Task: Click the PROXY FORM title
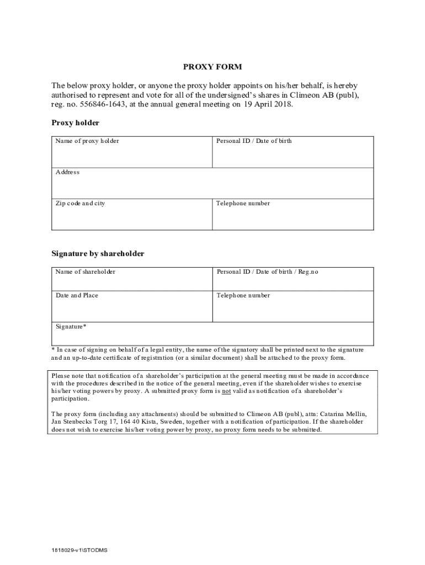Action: [x=212, y=67]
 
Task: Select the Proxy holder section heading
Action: [x=75, y=123]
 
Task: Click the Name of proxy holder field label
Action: [x=87, y=141]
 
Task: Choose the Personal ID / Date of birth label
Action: [x=254, y=141]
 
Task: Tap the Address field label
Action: [x=67, y=172]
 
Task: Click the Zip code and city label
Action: [x=80, y=204]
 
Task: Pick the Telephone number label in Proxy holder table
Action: [x=243, y=204]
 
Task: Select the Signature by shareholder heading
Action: [x=98, y=254]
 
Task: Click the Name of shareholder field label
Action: [x=86, y=272]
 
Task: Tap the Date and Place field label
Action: [x=77, y=296]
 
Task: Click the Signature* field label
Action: [x=71, y=327]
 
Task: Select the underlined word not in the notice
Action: [x=226, y=391]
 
